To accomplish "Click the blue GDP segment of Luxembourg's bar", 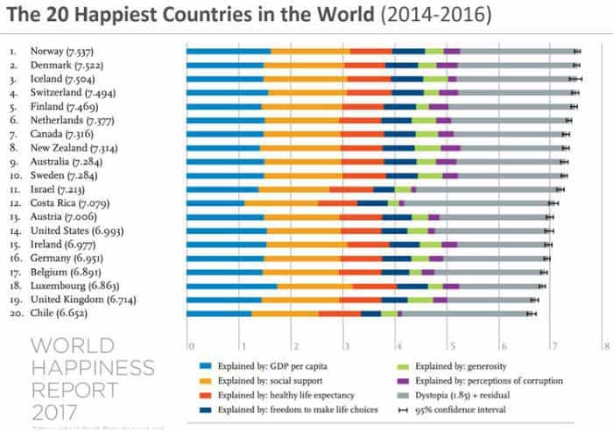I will pos(231,286).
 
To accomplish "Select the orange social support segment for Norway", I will pos(310,52).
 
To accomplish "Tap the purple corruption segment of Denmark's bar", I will pos(447,65).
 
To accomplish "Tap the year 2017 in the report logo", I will pos(54,411).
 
